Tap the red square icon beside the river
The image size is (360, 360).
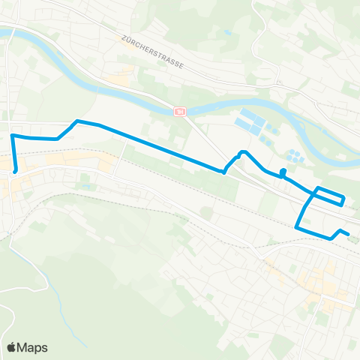180,112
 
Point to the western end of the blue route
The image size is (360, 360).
15,171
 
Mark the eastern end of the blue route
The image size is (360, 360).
349,234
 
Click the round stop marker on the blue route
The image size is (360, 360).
283,172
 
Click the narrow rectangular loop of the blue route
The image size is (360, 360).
330,196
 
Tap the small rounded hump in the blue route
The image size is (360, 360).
241,154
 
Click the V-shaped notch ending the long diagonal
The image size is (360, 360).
224,172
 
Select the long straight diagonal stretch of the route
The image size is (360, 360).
157,146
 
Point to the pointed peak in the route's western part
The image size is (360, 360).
76,121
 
